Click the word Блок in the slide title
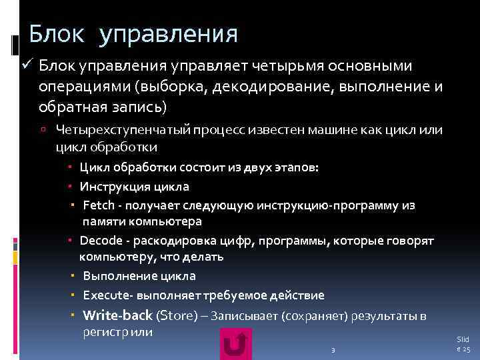pos(56,33)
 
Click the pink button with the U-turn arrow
pos(236,345)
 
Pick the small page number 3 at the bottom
pos(333,351)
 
